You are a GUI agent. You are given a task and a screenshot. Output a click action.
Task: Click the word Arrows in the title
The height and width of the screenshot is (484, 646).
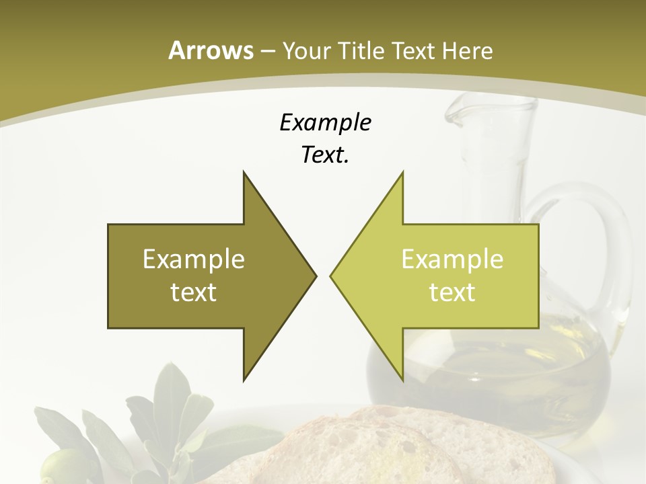[210, 50]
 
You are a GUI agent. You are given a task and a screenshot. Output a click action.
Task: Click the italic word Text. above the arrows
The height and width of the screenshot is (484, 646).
[325, 155]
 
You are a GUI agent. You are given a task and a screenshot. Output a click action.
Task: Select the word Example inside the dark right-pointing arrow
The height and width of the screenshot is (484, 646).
[194, 259]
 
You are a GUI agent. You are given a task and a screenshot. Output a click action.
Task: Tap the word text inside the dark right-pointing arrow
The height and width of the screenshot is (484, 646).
[194, 292]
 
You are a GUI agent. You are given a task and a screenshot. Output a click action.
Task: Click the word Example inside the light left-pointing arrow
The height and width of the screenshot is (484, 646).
[452, 259]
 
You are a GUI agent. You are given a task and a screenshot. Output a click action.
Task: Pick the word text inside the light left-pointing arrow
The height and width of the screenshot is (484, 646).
[452, 292]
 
